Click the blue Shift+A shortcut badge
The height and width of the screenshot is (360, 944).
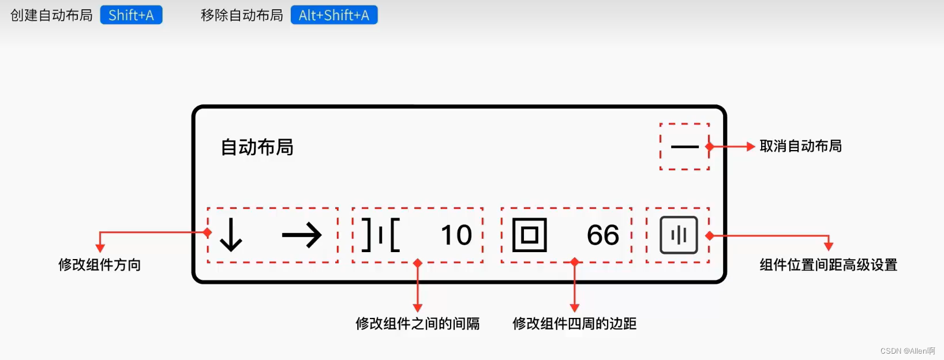click(131, 15)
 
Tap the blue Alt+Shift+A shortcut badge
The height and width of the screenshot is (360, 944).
click(334, 15)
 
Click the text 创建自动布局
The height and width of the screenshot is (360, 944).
click(51, 15)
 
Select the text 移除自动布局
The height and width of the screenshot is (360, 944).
click(242, 15)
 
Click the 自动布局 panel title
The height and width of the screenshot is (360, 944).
click(257, 147)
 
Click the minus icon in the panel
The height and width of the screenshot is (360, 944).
click(684, 147)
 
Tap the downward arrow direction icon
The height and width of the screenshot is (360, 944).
click(231, 235)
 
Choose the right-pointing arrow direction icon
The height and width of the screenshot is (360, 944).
click(302, 235)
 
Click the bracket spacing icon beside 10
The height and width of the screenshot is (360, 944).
click(380, 235)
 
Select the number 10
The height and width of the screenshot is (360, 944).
click(456, 235)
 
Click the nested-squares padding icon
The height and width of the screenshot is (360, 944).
click(529, 235)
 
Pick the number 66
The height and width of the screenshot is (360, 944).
click(602, 235)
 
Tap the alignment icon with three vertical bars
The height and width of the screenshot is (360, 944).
click(679, 235)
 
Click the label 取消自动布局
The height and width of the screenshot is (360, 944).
click(800, 146)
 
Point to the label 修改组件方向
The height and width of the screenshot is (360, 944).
click(99, 265)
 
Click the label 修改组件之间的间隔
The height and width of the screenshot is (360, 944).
click(417, 324)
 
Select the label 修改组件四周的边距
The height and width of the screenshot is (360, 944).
click(574, 324)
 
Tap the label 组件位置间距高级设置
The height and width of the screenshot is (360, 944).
click(828, 265)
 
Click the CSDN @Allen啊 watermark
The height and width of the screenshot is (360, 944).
click(907, 351)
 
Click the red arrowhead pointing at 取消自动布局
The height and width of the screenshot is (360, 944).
click(750, 147)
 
